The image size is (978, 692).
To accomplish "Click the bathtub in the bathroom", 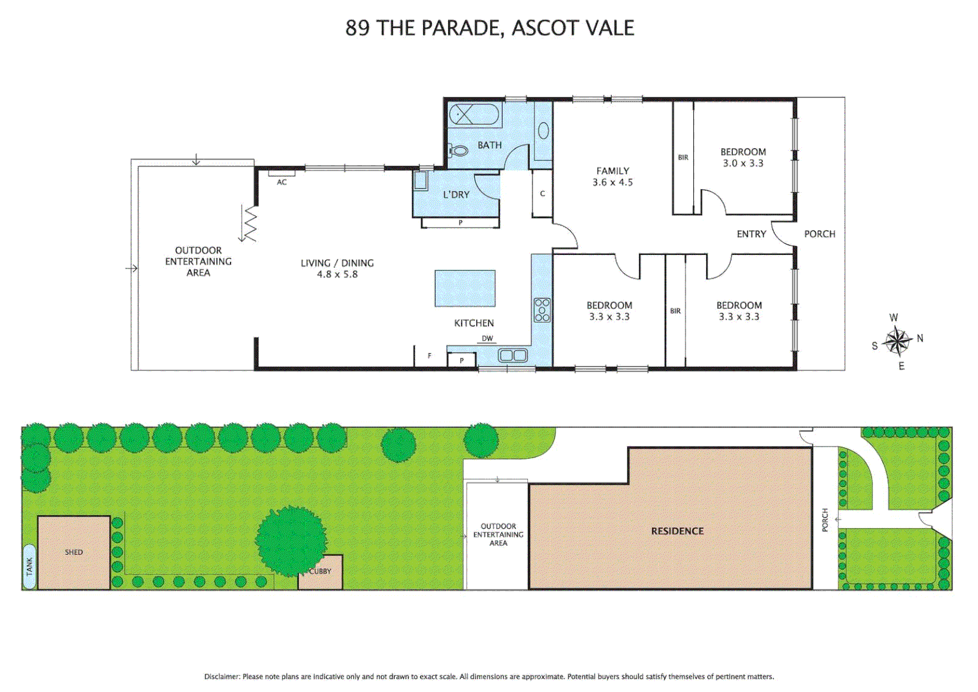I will (474, 115).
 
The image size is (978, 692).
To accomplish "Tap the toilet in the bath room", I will (458, 151).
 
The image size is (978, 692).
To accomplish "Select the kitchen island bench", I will (465, 288).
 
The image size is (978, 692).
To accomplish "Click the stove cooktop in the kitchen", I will (542, 309).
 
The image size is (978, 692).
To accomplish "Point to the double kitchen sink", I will (513, 355).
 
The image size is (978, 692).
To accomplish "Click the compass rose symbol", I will (897, 342).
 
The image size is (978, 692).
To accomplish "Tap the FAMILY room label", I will (613, 171).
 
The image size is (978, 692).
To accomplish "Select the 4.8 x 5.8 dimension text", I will (337, 274).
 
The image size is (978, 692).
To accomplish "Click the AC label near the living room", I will (282, 182).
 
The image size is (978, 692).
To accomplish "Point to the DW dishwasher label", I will (487, 338).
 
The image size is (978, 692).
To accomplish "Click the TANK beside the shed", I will (29, 566).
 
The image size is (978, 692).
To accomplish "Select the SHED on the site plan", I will (74, 552).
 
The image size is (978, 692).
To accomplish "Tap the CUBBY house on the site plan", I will (320, 572).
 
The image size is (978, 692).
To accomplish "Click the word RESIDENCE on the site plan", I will (677, 531).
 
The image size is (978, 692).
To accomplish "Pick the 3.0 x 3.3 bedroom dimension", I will (743, 163).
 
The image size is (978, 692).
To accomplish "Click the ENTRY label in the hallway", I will (751, 235).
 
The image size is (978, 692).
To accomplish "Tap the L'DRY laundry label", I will (456, 195).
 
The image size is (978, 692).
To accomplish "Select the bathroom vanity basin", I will (543, 131).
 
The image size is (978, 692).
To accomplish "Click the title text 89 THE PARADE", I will (423, 28).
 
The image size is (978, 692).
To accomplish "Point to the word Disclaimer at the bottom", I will (221, 677).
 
